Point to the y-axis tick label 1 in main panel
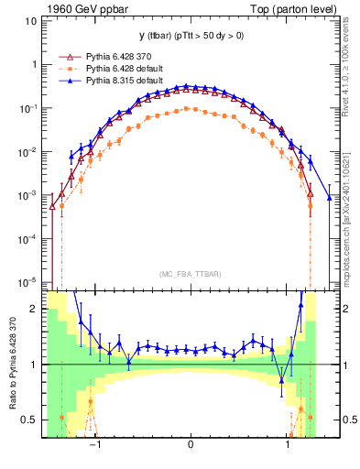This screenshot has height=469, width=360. [34, 65]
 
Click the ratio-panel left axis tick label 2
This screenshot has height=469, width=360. [34, 309]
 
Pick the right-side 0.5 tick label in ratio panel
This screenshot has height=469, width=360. [349, 420]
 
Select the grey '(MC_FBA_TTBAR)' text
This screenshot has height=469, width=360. [190, 274]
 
